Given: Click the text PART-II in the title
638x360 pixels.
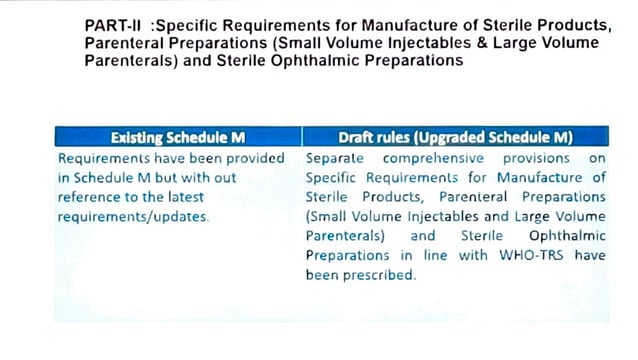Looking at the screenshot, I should click(x=107, y=25).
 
